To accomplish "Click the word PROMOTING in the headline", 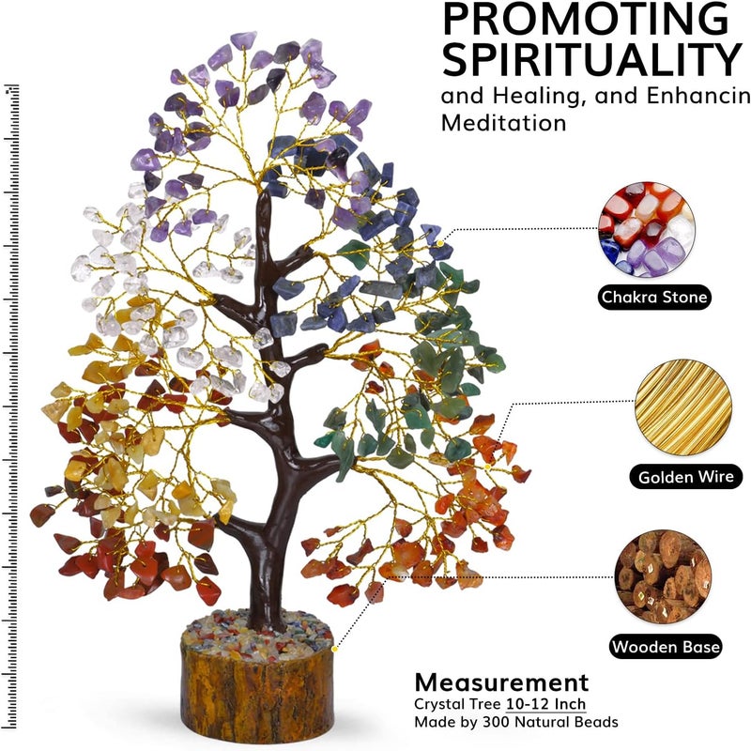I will pos(585,21).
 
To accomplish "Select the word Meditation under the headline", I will pos(503,123).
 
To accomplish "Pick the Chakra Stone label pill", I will pos(655,299).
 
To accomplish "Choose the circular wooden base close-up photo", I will pos(663,575).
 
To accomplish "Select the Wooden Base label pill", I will pos(667,647).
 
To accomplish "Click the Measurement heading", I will pos(501,682).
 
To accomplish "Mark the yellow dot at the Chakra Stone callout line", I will pos(440,243).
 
